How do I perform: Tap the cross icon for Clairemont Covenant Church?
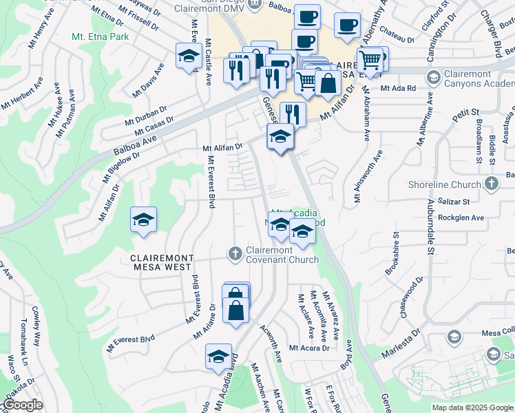[235, 253]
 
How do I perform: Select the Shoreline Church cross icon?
[491, 184]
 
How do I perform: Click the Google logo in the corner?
[22, 405]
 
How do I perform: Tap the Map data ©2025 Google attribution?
[472, 407]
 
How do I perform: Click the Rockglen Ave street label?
[462, 218]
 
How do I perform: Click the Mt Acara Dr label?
[309, 348]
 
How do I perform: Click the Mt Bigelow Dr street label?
[121, 166]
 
